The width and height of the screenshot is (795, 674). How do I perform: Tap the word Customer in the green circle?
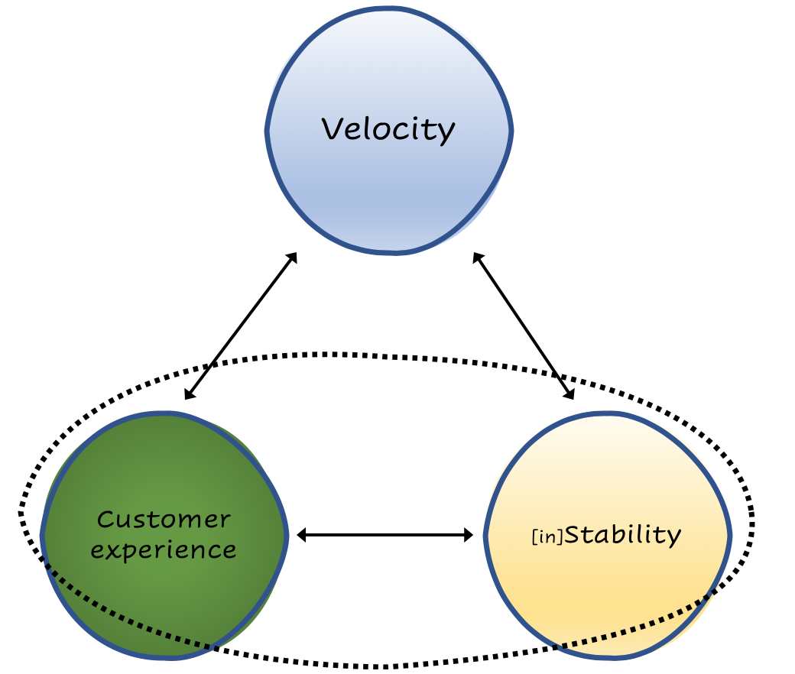point(164,520)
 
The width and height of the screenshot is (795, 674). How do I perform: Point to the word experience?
point(164,549)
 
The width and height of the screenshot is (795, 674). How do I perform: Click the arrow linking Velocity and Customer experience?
point(241,326)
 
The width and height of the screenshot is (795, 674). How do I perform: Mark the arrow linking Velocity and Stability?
point(524,326)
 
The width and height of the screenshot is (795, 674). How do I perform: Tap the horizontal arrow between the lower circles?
point(385,536)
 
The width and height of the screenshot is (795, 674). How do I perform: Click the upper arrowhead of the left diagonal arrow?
point(293,257)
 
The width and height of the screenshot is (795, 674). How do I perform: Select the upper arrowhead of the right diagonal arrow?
point(476,257)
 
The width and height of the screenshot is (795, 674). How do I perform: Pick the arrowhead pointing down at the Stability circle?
point(570,394)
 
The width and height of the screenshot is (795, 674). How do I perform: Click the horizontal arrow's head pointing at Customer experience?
point(300,536)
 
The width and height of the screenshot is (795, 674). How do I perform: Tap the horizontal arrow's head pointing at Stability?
point(469,536)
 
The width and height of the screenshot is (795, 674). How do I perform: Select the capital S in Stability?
point(575,534)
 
